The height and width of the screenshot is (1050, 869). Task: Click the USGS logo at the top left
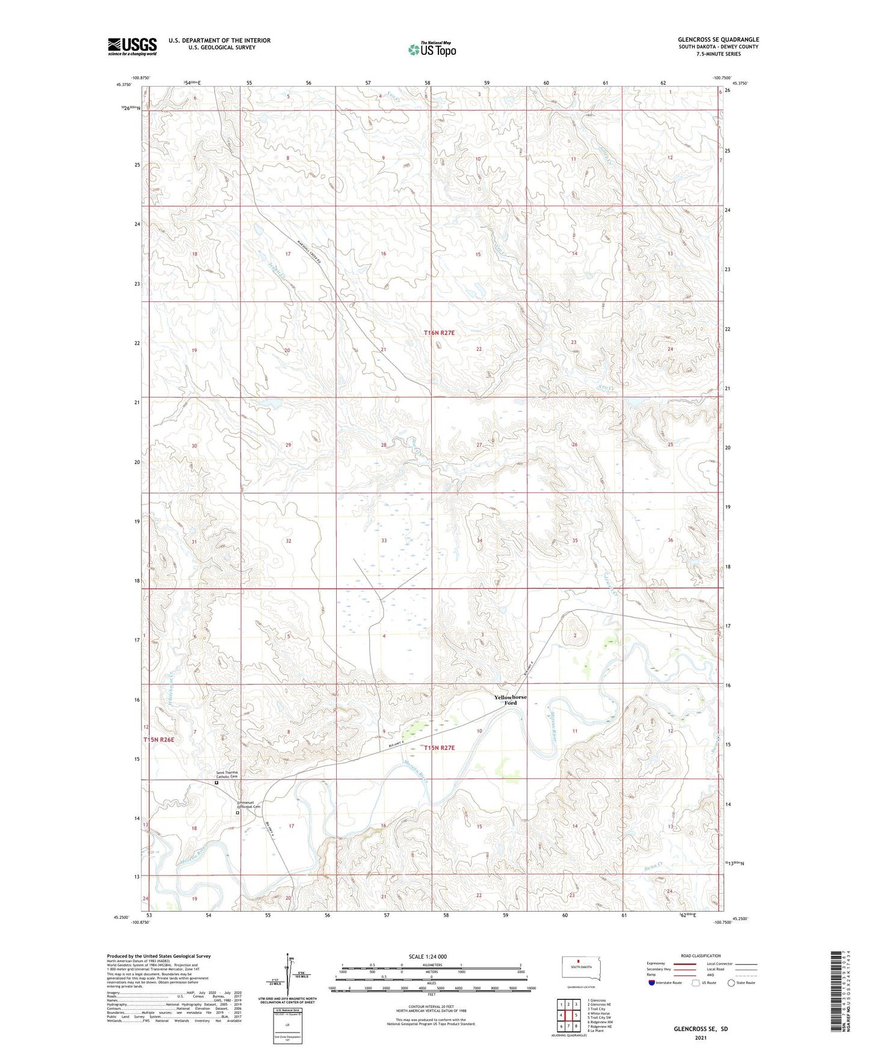pyautogui.click(x=132, y=46)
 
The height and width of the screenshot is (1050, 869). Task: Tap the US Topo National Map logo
pyautogui.click(x=432, y=49)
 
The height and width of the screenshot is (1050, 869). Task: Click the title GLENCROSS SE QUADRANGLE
pyautogui.click(x=718, y=40)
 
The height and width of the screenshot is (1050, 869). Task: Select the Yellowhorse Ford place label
pyautogui.click(x=510, y=700)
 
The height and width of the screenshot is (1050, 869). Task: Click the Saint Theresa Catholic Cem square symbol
pyautogui.click(x=216, y=783)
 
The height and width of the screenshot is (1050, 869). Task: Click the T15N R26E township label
pyautogui.click(x=159, y=740)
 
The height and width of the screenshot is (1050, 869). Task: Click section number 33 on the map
pyautogui.click(x=384, y=541)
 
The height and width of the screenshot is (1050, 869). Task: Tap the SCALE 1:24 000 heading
pyautogui.click(x=428, y=957)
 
